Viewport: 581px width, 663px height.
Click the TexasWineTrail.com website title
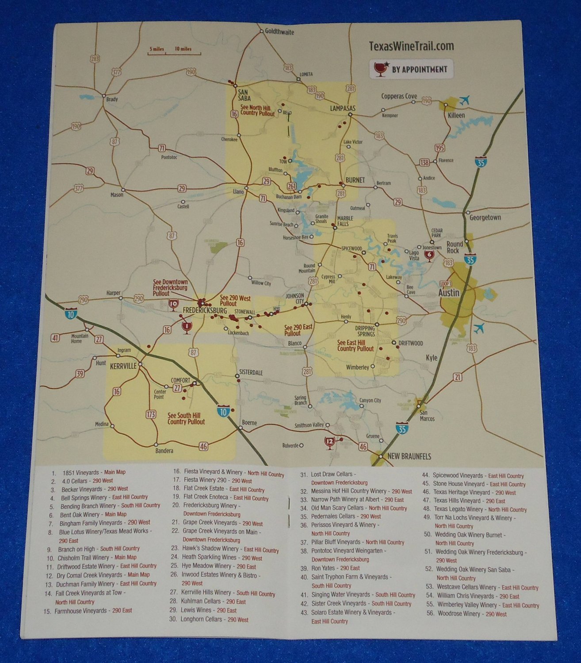[x=411, y=46]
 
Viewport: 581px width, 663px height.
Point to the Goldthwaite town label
[x=279, y=32]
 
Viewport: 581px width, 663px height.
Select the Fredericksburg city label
[x=202, y=311]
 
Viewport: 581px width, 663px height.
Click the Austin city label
[x=448, y=293]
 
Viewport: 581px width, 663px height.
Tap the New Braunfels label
[x=409, y=456]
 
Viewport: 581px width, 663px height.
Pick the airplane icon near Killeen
[x=464, y=101]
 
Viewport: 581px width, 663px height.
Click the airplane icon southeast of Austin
[x=478, y=328]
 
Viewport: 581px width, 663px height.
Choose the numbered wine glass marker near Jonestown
[x=428, y=255]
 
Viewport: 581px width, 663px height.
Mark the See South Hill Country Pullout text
[x=186, y=419]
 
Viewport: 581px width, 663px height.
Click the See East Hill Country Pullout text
[x=355, y=346]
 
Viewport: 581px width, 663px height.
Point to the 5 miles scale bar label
[x=157, y=49]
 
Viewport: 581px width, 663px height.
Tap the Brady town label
[x=112, y=99]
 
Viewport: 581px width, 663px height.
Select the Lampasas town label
[x=343, y=108]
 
